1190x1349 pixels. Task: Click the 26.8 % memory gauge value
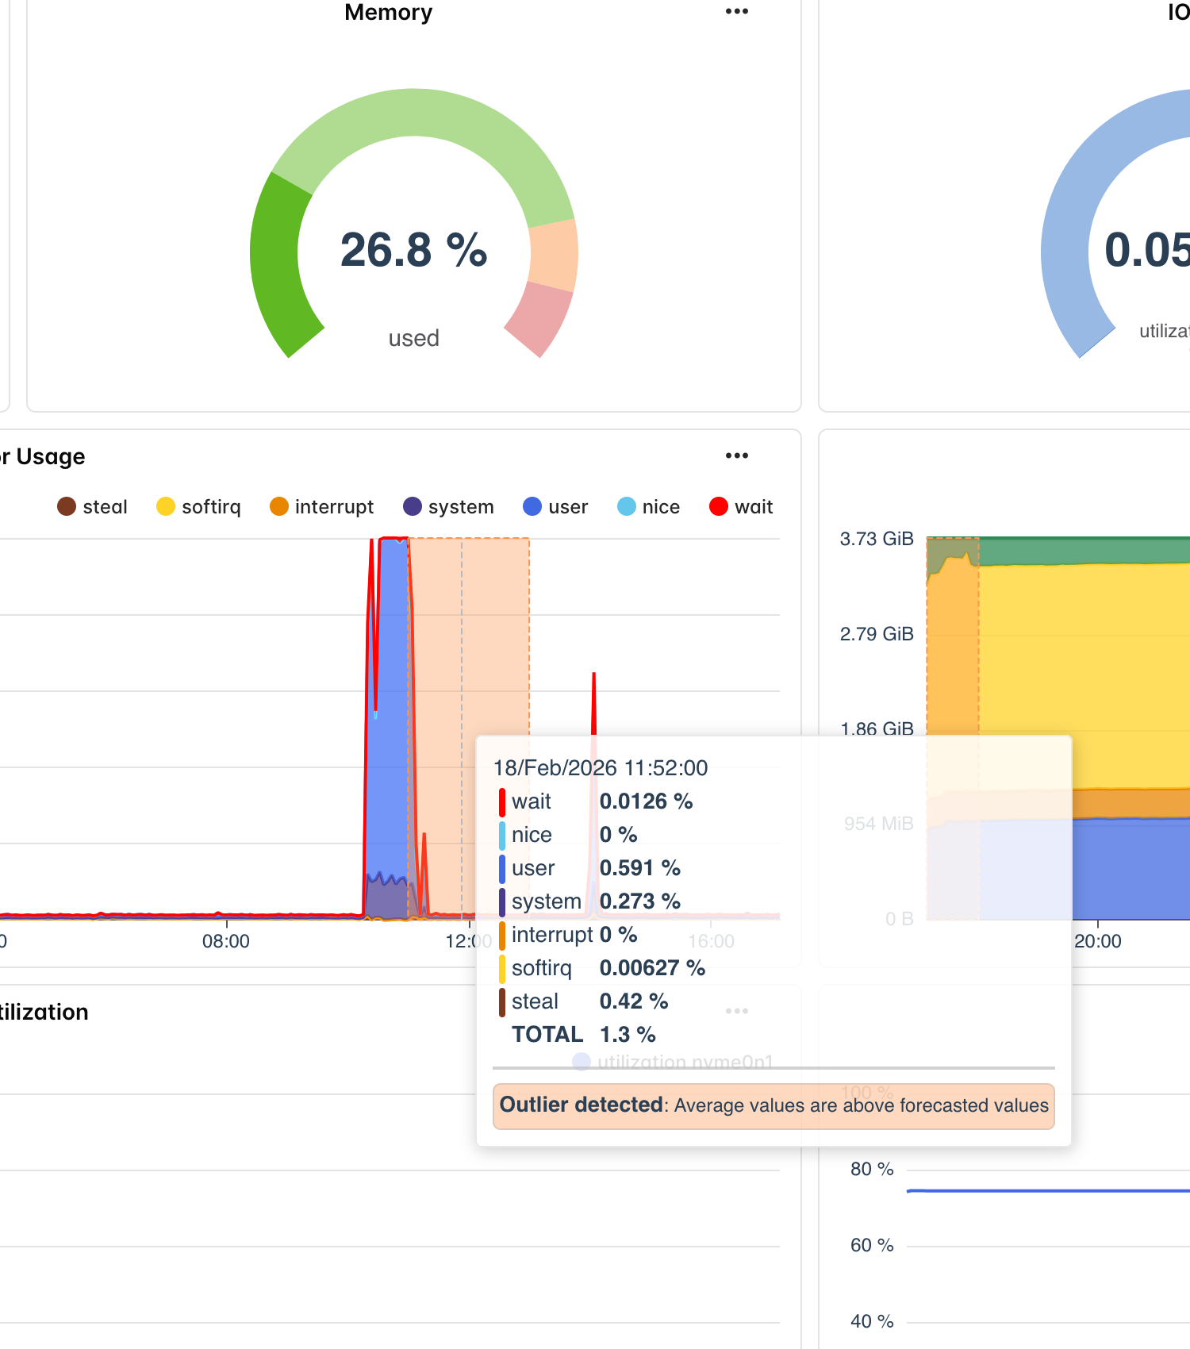click(413, 250)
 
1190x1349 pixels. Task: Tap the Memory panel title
click(388, 12)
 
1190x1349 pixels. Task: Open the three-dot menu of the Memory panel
click(736, 11)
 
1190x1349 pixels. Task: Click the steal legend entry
click(92, 507)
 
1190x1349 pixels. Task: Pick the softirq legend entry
click(198, 507)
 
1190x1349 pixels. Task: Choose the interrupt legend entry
click(321, 507)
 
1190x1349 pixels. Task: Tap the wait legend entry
click(741, 507)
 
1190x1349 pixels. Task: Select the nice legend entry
click(648, 507)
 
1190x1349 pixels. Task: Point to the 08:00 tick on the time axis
click(226, 941)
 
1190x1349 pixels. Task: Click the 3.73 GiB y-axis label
click(877, 539)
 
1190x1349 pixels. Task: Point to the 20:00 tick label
click(1097, 941)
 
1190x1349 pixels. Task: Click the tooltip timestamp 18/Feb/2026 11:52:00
click(601, 768)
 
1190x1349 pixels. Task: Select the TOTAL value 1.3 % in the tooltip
click(628, 1035)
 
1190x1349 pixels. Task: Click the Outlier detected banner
click(773, 1105)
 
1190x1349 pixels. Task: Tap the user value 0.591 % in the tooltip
click(639, 868)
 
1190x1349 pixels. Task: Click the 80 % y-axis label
click(871, 1169)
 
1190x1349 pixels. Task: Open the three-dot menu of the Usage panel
click(736, 455)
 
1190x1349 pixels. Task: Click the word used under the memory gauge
click(413, 339)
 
